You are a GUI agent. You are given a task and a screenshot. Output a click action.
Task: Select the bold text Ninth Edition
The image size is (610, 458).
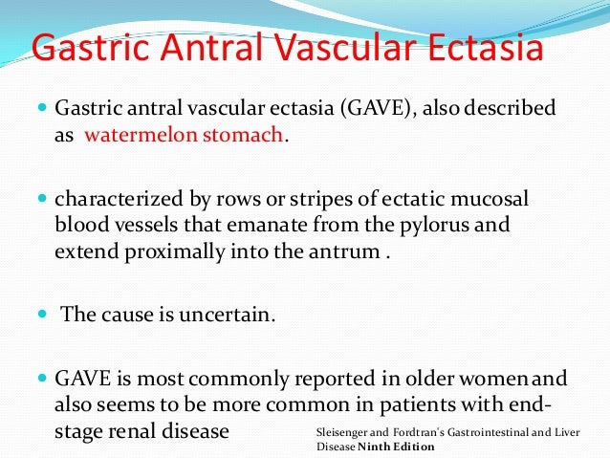[x=399, y=447]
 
